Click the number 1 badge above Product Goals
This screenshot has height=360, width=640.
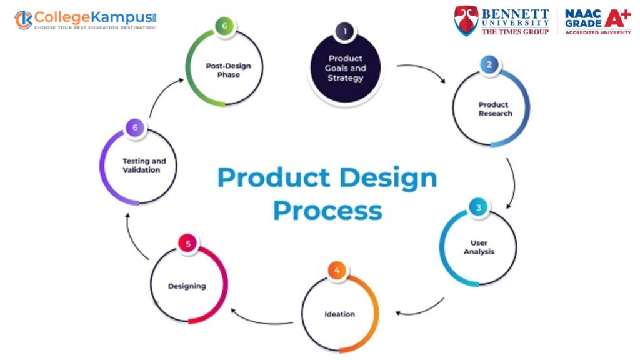pos(345,31)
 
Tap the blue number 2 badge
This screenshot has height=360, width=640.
pos(489,64)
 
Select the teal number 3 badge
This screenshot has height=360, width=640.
pos(478,207)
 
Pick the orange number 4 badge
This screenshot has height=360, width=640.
pos(337,270)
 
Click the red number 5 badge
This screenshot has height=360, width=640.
pos(187,244)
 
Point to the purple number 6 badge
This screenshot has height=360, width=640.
pos(135,127)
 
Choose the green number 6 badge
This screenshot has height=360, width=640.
pos(224,26)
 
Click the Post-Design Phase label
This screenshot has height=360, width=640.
pos(228,70)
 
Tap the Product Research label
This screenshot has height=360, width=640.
pos(495,109)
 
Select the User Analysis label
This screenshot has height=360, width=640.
pos(479,247)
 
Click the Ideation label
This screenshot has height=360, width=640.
pos(339,314)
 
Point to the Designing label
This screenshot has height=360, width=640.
pos(187,286)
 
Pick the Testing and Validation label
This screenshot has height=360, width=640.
pos(144,165)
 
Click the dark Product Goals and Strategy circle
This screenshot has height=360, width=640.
pos(345,68)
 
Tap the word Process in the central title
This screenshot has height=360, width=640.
pos(327,211)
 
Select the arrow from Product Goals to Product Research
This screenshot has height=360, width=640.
pos(421,69)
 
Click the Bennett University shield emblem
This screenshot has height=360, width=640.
pos(466,21)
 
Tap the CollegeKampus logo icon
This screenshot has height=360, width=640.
pos(23,19)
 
